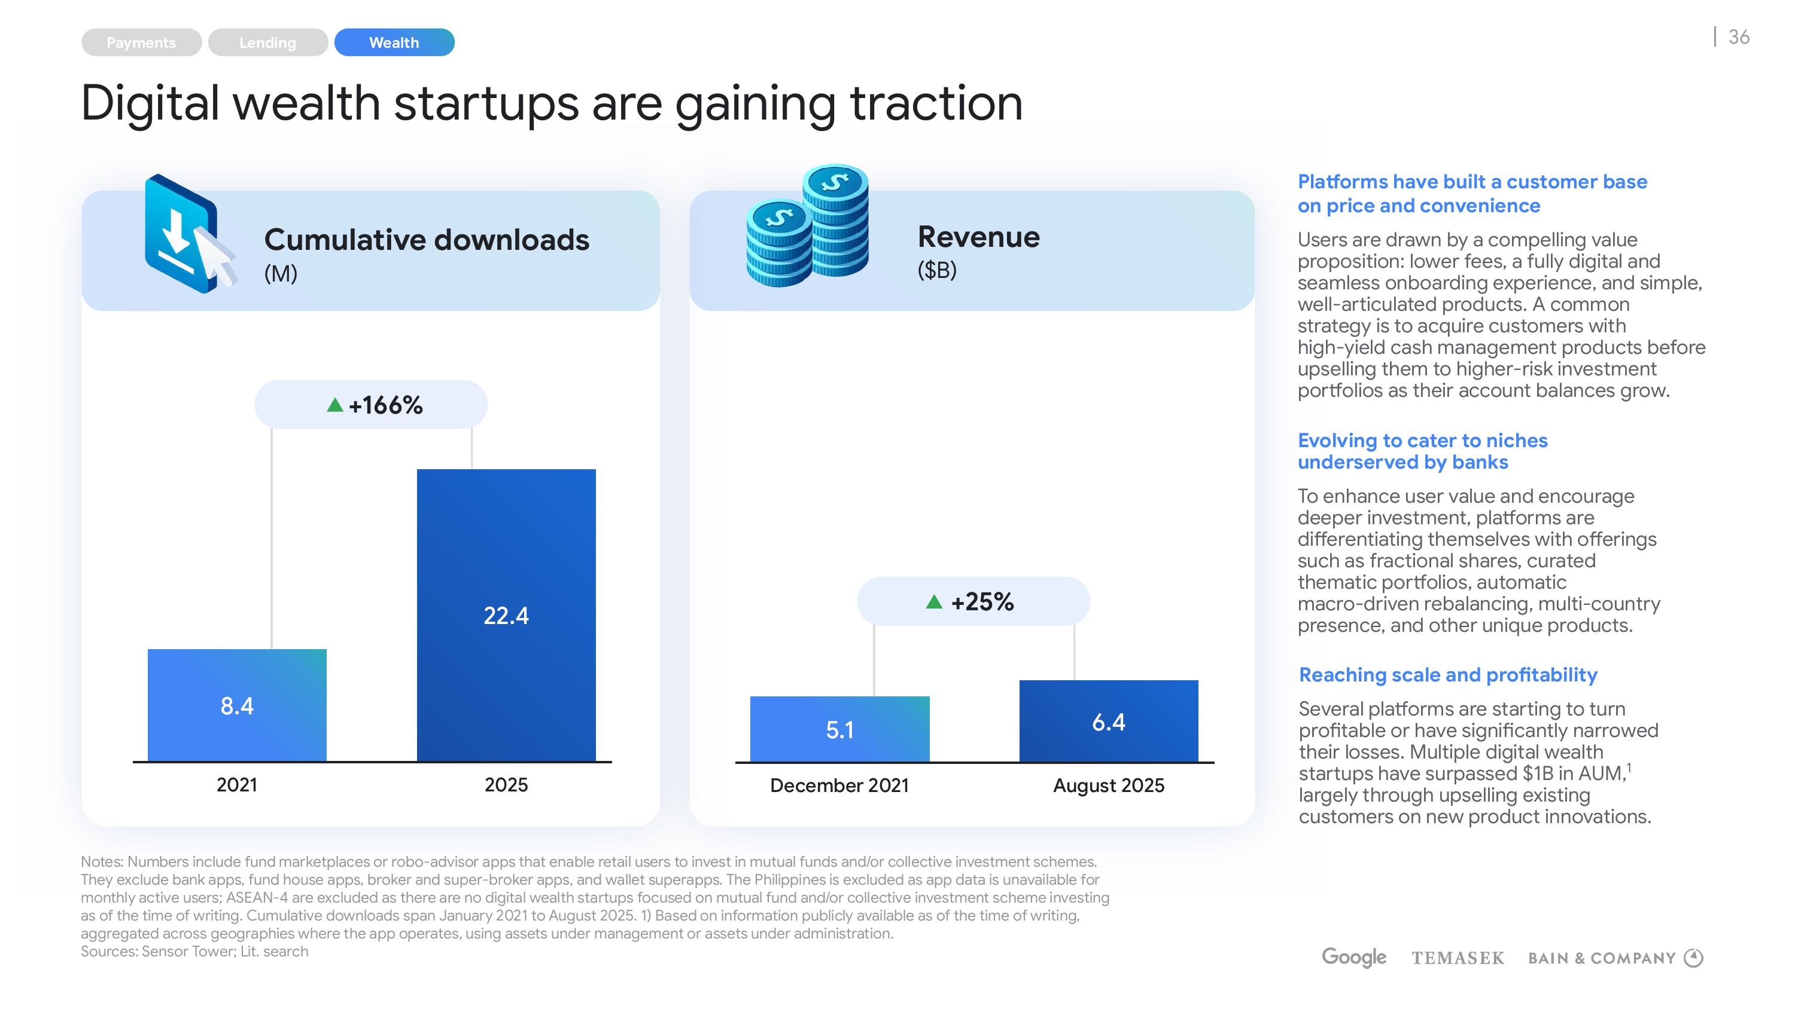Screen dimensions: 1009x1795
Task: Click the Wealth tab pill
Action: pyautogui.click(x=394, y=42)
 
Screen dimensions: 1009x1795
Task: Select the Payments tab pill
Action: pyautogui.click(x=141, y=42)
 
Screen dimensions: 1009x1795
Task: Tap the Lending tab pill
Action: pyautogui.click(x=267, y=42)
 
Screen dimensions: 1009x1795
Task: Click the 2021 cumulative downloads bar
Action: pyautogui.click(x=237, y=705)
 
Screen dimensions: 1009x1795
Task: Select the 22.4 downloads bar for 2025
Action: pyautogui.click(x=506, y=615)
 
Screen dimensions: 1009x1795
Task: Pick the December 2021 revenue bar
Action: pyautogui.click(x=839, y=729)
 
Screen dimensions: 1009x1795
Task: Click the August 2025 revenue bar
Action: pyautogui.click(x=1109, y=721)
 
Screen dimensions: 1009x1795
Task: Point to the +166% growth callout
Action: pyautogui.click(x=371, y=405)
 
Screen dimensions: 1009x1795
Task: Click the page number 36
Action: pyautogui.click(x=1739, y=37)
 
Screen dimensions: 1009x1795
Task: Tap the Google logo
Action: pyautogui.click(x=1353, y=958)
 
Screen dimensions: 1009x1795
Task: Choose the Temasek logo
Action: pyautogui.click(x=1458, y=959)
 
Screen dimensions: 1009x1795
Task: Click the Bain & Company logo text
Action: pyautogui.click(x=1601, y=959)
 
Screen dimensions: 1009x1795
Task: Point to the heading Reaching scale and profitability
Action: pyautogui.click(x=1448, y=675)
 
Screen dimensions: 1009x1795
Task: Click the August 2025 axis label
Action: pyautogui.click(x=1109, y=785)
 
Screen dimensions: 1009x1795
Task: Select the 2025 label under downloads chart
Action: pyautogui.click(x=506, y=785)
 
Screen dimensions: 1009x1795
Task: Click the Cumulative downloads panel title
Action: pyautogui.click(x=427, y=240)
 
